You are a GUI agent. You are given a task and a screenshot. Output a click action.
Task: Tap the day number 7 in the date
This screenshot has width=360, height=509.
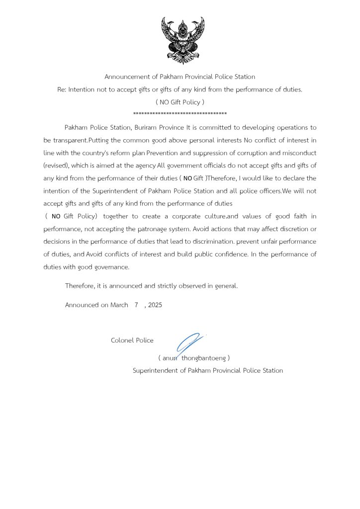coord(136,305)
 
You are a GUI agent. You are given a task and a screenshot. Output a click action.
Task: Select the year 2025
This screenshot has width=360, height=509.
coord(155,305)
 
